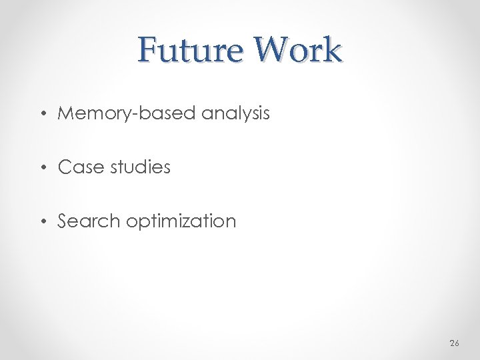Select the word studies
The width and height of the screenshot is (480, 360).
(x=141, y=167)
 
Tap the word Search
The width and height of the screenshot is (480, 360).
(x=89, y=221)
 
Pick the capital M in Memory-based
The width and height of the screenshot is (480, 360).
(x=66, y=113)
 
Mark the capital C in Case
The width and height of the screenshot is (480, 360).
(x=65, y=167)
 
